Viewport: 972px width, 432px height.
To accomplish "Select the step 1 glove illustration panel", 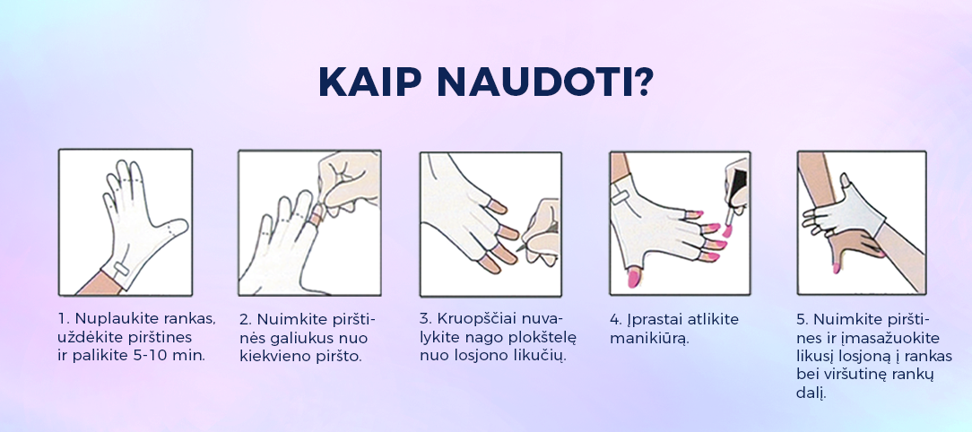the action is [x=126, y=222].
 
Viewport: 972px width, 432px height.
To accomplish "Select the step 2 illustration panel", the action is [x=310, y=222].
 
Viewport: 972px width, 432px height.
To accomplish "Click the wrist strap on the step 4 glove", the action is [x=621, y=198].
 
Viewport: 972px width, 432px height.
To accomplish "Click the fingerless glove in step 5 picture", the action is [x=849, y=211].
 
